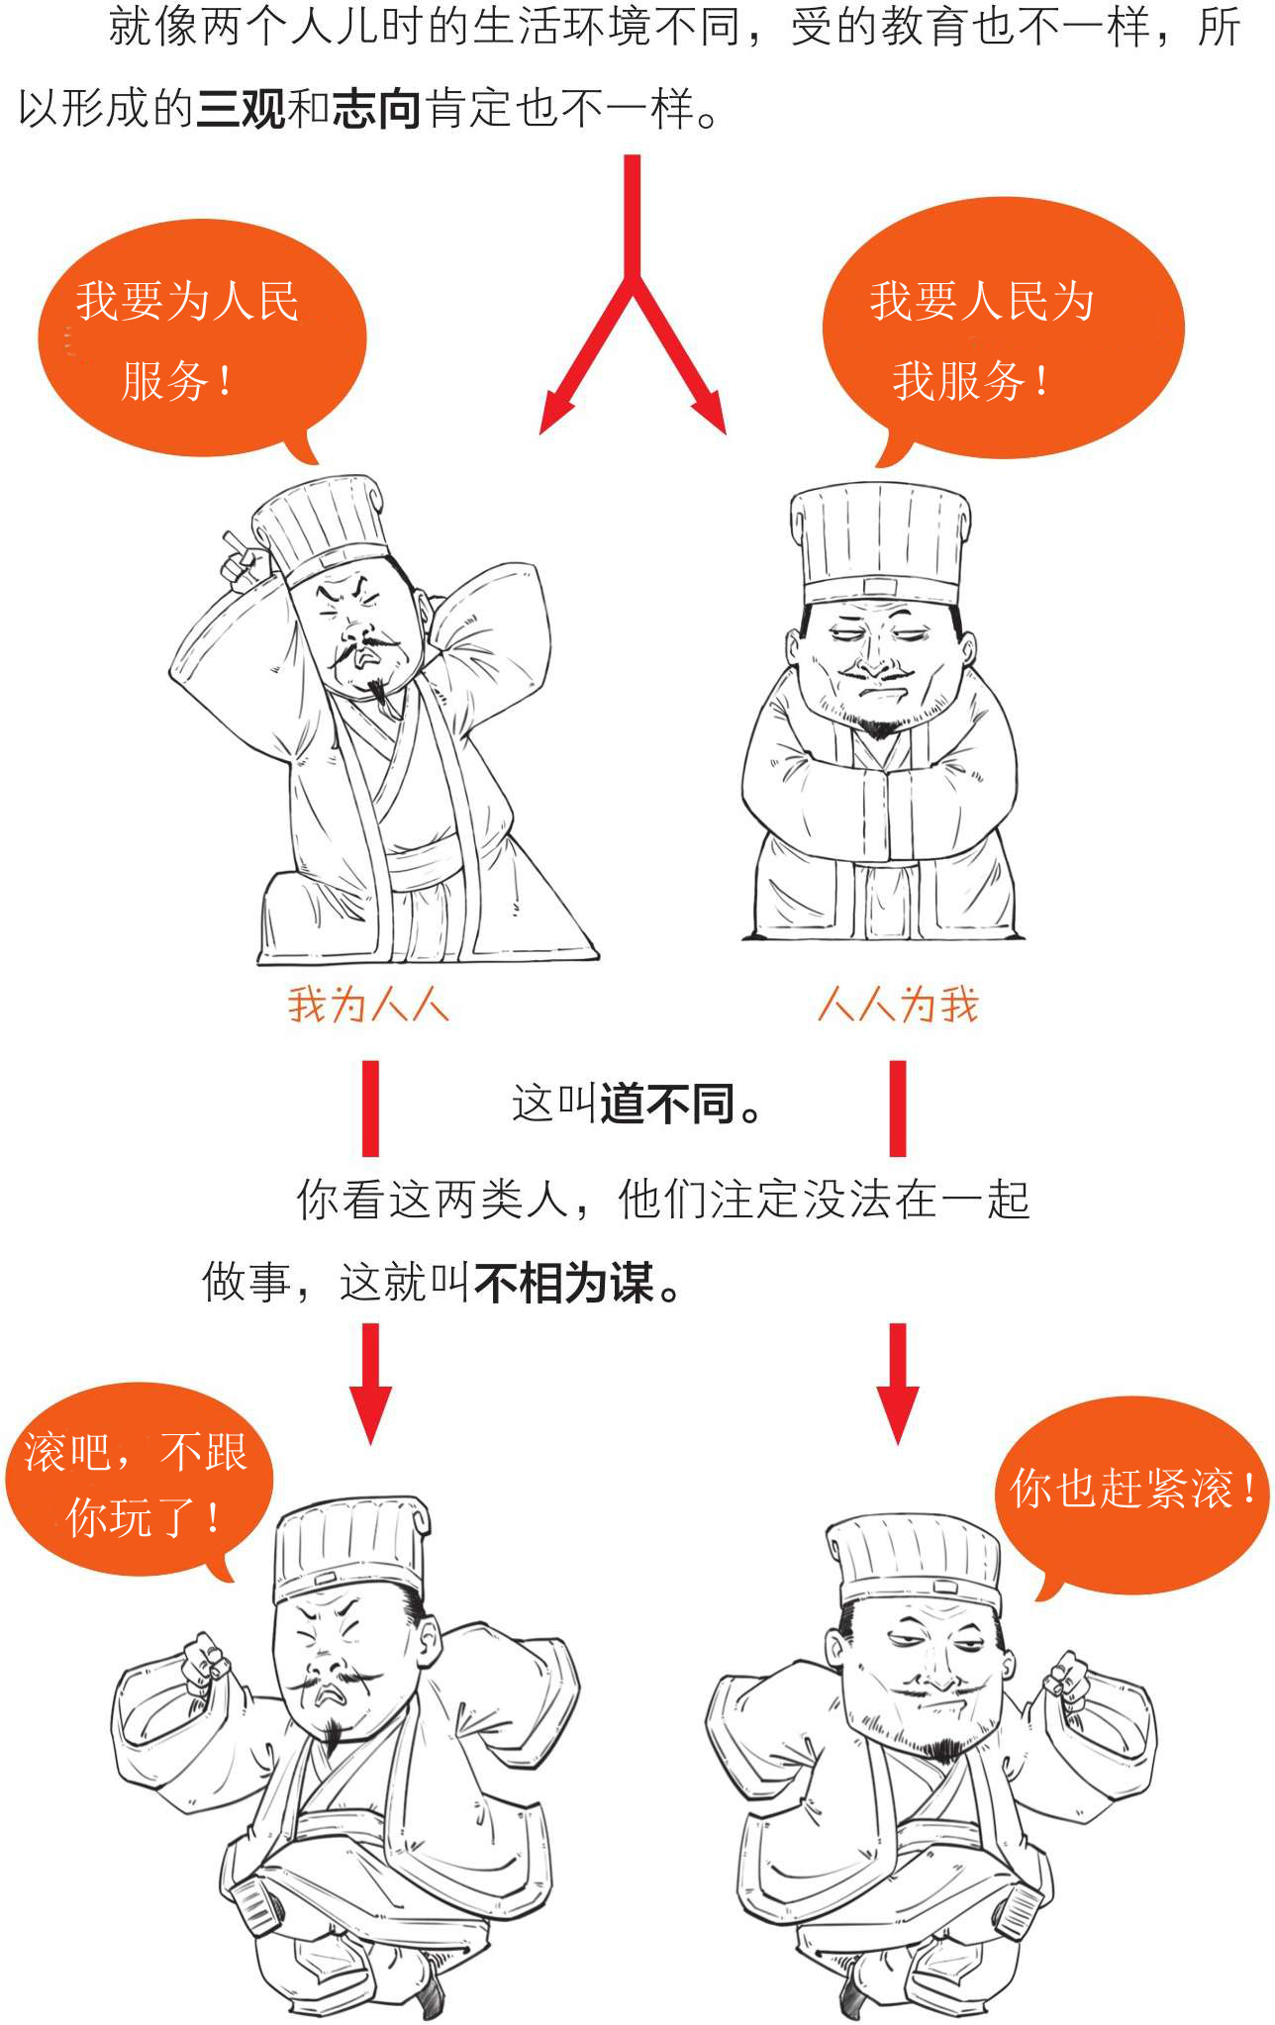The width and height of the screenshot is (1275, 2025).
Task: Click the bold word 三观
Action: [x=241, y=108]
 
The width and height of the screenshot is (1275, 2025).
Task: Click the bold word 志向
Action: [x=377, y=108]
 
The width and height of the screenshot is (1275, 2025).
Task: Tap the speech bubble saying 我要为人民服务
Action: [x=201, y=338]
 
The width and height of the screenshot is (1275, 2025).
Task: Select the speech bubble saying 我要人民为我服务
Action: [x=1003, y=331]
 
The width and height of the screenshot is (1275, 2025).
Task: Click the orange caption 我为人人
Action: [x=368, y=1005]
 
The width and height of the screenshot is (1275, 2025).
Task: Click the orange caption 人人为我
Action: [x=898, y=1005]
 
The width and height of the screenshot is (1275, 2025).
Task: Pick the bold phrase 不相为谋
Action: [x=564, y=1284]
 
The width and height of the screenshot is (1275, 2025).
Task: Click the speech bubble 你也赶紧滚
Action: [x=1131, y=1495]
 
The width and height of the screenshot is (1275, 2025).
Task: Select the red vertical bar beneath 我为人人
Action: [x=370, y=1109]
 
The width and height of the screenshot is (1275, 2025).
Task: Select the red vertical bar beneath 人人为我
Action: [x=898, y=1109]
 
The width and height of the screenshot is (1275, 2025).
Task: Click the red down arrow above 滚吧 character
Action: [x=370, y=1384]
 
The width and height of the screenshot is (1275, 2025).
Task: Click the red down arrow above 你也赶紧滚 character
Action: [x=898, y=1384]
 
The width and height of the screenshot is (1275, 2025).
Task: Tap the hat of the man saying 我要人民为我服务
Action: [x=880, y=542]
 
